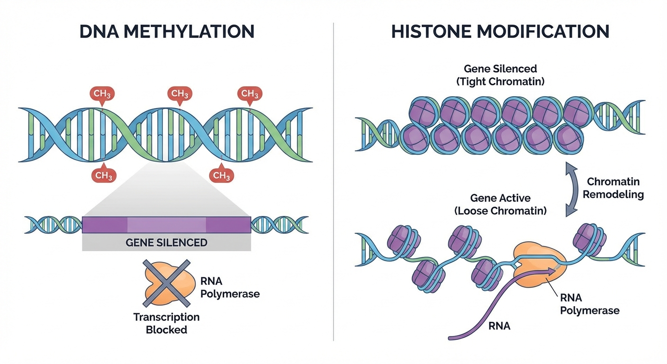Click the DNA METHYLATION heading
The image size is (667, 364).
tap(167, 31)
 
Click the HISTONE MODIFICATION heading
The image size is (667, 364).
tap(500, 31)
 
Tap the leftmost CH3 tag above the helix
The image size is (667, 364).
tap(102, 94)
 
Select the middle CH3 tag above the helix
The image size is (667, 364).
tap(180, 94)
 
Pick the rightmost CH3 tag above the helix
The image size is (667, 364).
tap(250, 94)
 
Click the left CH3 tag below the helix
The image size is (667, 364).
tap(104, 175)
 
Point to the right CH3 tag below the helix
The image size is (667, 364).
tap(221, 175)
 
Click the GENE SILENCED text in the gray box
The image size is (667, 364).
tap(166, 243)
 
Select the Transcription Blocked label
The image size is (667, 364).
tap(166, 323)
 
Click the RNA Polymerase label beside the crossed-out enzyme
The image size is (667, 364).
tap(230, 288)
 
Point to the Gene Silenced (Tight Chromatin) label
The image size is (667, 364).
tap(500, 75)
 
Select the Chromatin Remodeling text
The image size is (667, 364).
tap(613, 188)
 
